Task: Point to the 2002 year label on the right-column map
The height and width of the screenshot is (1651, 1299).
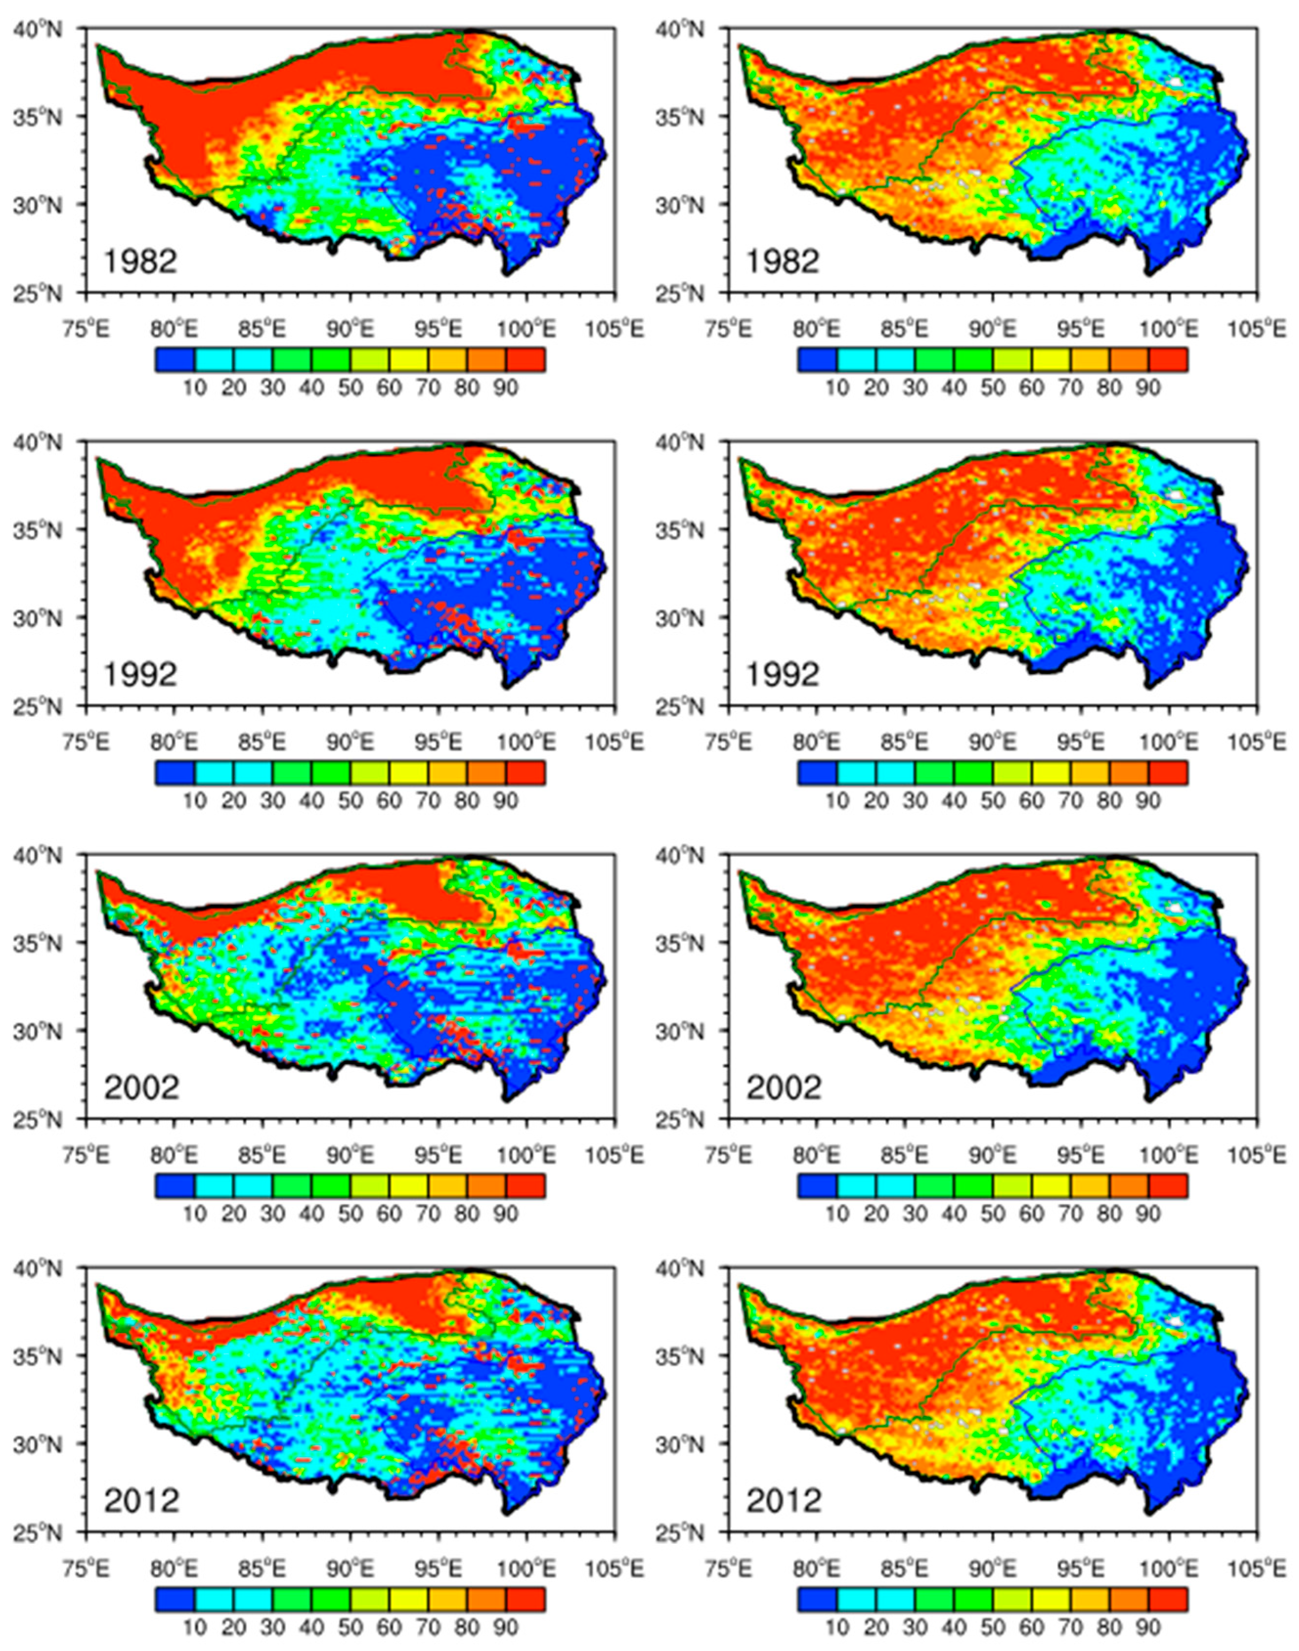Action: [x=783, y=1088]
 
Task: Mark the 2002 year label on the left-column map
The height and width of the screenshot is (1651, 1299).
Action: [x=141, y=1088]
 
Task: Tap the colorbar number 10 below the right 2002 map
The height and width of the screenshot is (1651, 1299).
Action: [x=837, y=1213]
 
